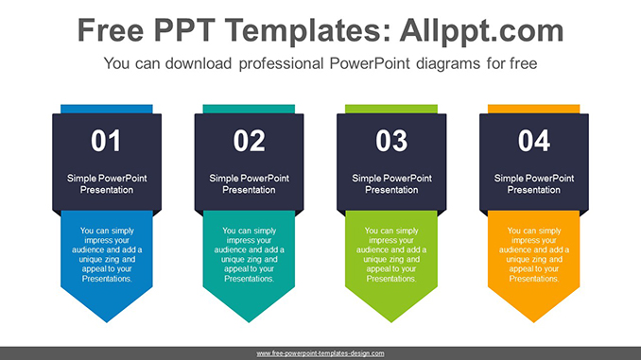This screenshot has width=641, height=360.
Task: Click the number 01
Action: pyautogui.click(x=107, y=142)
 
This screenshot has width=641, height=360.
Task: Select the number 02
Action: pyautogui.click(x=250, y=142)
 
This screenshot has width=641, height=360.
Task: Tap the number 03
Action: pyautogui.click(x=391, y=142)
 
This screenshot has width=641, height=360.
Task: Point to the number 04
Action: pyautogui.click(x=534, y=142)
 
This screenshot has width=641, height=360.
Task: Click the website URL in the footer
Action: pyautogui.click(x=320, y=352)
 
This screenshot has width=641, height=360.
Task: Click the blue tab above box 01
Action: pyautogui.click(x=107, y=110)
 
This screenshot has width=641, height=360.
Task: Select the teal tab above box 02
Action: pyautogui.click(x=250, y=110)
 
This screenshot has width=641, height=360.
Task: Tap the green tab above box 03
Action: pyautogui.click(x=391, y=110)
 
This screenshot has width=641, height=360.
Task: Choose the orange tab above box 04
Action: pyautogui.click(x=534, y=110)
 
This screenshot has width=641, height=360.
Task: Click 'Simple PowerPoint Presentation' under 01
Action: pyautogui.click(x=107, y=183)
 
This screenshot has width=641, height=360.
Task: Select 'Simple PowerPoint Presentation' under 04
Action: pyautogui.click(x=534, y=183)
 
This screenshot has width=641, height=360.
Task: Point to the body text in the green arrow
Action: pyautogui.click(x=391, y=254)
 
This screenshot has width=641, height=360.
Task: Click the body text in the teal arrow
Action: pyautogui.click(x=250, y=254)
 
